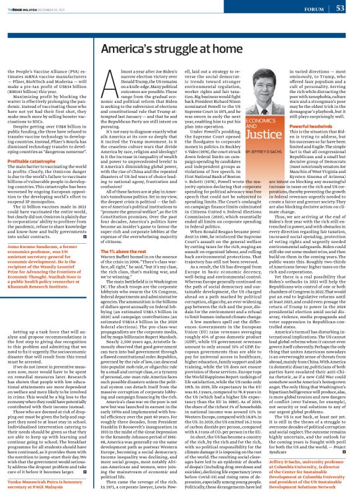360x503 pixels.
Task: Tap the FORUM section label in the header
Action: click(x=312, y=8)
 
